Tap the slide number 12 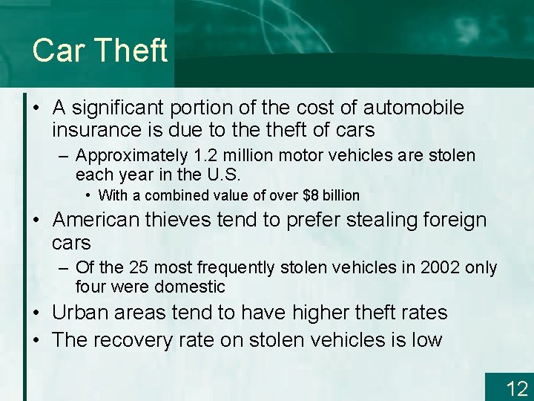516,388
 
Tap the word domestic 192,287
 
